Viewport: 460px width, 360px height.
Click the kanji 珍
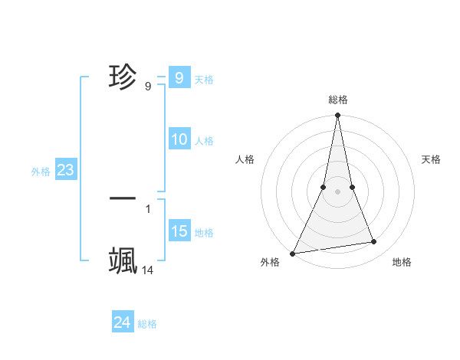(x=123, y=77)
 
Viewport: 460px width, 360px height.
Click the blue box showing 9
(x=179, y=78)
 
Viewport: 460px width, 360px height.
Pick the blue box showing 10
(x=179, y=139)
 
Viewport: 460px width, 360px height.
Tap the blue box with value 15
(x=179, y=231)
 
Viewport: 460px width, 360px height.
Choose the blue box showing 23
(x=65, y=170)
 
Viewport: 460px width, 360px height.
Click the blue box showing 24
(x=122, y=322)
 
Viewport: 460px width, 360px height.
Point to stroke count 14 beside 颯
(x=148, y=270)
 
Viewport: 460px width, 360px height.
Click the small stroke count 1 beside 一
(x=148, y=208)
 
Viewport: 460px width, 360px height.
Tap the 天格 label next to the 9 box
(x=204, y=80)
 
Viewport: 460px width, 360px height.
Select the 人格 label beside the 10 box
(x=204, y=141)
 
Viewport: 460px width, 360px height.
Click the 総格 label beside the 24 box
(x=147, y=324)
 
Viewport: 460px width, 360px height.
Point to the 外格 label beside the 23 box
(x=41, y=172)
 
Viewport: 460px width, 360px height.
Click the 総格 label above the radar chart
(x=337, y=100)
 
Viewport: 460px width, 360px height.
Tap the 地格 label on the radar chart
(x=402, y=262)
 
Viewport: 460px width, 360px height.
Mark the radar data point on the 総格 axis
(x=337, y=116)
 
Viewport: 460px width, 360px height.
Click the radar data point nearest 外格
(x=293, y=253)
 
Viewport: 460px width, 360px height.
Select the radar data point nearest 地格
(x=374, y=242)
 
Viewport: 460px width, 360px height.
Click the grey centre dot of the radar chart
(x=337, y=191)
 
